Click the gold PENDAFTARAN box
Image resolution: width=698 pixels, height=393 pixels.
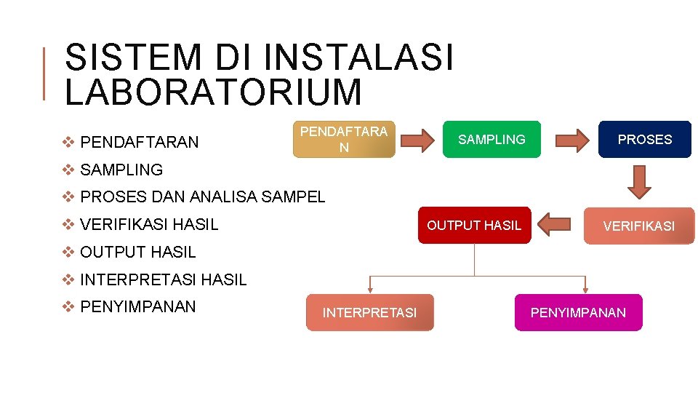pos(344,139)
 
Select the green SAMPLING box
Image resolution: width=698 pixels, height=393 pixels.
pos(492,139)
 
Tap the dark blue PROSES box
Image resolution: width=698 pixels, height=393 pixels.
pos(644,139)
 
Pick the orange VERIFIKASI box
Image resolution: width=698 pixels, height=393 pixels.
pos(638,226)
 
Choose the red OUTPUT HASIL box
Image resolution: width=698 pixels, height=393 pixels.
pos(474,226)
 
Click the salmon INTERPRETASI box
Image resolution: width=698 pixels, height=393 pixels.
pos(369,312)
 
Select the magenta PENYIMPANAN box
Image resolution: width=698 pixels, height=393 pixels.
pos(578,312)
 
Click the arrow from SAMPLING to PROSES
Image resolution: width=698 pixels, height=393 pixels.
pos(571,140)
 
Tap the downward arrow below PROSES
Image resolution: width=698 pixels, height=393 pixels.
pos(639,181)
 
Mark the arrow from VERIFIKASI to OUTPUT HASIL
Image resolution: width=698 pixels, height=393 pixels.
pos(553,226)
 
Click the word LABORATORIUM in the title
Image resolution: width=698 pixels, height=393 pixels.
pos(212,92)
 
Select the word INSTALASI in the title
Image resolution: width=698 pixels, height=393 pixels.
pos(358,58)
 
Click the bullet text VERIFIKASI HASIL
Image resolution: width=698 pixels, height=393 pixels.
pos(149,225)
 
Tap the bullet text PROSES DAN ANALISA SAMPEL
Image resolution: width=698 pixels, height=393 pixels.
pos(203,196)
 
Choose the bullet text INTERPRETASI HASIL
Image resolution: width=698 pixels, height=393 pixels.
pos(164,279)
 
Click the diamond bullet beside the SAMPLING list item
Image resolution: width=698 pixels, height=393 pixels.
pos(69,170)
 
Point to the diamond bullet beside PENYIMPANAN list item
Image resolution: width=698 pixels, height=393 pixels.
pos(69,306)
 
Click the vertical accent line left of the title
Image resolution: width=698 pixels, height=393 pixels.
pos(44,73)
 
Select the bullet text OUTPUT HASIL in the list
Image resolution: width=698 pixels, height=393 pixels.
pos(138,253)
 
